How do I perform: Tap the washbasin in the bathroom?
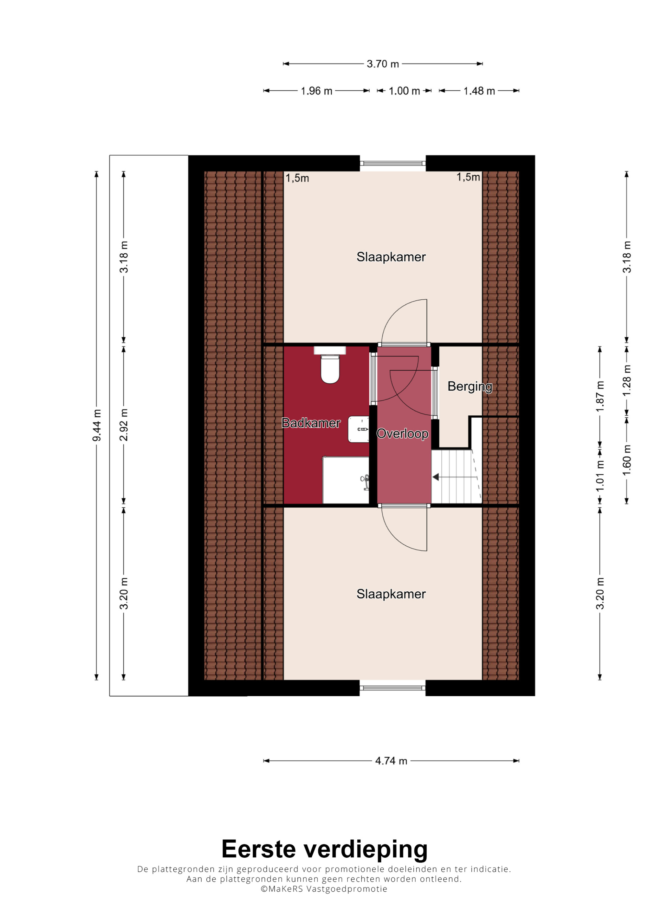[359, 429]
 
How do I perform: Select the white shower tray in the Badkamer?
[346, 480]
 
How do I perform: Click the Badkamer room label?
[311, 423]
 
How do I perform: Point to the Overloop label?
[402, 434]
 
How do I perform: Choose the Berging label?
[470, 387]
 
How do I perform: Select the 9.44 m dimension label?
[97, 425]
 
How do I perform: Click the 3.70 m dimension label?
[383, 64]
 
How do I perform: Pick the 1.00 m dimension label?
[404, 91]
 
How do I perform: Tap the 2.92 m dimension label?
[124, 425]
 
